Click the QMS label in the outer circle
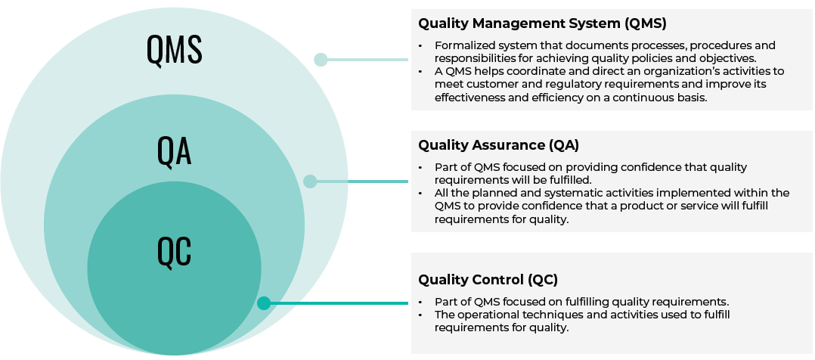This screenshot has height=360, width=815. click(175, 50)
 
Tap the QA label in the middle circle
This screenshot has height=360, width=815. click(175, 151)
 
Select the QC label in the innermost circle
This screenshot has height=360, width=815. click(175, 252)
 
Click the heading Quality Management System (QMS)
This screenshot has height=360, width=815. click(542, 23)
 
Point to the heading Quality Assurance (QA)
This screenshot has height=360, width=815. click(498, 144)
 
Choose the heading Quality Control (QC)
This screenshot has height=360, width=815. click(488, 280)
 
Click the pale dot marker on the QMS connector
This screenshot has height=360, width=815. click(321, 59)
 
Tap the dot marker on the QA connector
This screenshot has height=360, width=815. click(310, 181)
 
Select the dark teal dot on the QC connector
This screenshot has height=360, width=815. click(263, 303)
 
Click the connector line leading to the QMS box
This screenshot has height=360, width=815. click(370, 59)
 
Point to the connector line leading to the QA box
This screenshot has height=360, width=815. click(363, 181)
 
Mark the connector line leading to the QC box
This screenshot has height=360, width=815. click(340, 303)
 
